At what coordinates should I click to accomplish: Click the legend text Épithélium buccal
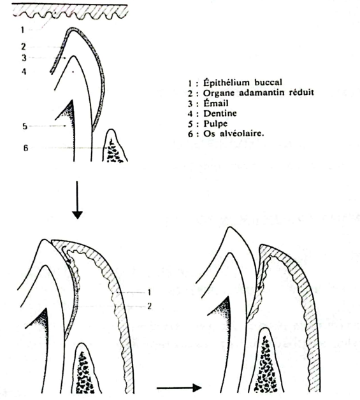click(x=243, y=83)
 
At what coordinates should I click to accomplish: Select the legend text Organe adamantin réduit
click(x=258, y=93)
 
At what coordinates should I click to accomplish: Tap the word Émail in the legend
click(x=216, y=103)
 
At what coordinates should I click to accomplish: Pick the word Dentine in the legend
click(x=220, y=113)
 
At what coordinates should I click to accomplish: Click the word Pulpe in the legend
click(x=215, y=124)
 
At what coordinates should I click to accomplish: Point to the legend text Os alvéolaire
click(x=233, y=133)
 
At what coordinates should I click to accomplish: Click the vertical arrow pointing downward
click(x=77, y=200)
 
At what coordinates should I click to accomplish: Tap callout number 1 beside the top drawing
click(x=22, y=30)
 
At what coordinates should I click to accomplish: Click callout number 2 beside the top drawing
click(x=23, y=46)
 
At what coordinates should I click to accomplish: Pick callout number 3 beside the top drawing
click(x=24, y=58)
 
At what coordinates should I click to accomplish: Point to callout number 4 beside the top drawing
click(x=24, y=71)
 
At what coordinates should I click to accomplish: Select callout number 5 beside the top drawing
click(x=24, y=126)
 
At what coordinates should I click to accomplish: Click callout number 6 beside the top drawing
click(x=25, y=148)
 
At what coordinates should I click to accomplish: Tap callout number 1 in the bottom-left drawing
click(x=149, y=292)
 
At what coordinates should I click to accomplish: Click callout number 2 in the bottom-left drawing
click(x=149, y=306)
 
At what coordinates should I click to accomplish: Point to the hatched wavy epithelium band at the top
click(x=69, y=12)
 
